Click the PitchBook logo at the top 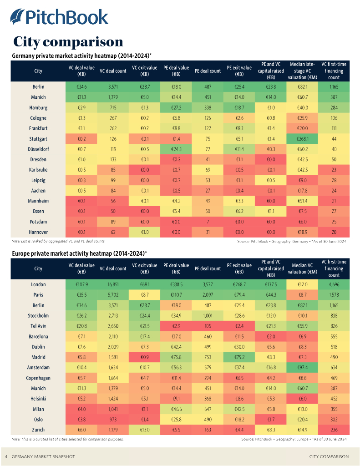click(60, 17)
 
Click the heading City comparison click(68, 42)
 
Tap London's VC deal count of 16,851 click(113, 284)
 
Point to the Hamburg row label click(38, 108)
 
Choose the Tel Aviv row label click(38, 326)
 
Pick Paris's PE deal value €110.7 click(176, 295)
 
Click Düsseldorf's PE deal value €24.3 click(176, 149)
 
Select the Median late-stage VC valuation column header click(303, 71)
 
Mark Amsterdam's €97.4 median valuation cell click(303, 368)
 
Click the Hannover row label click(38, 232)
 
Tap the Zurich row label click(38, 430)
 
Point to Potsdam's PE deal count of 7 click(208, 222)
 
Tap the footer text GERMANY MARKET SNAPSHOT click(43, 456)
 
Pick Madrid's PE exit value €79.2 click(239, 357)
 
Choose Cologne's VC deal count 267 click(113, 118)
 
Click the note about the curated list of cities click(67, 440)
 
